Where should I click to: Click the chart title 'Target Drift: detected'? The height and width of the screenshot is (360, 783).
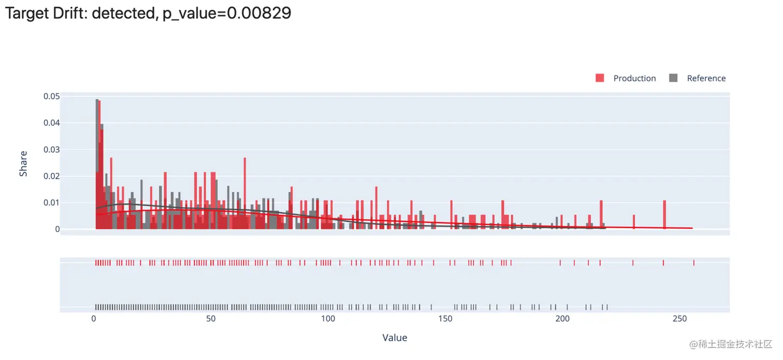(78, 13)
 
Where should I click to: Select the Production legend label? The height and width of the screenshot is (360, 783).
(634, 78)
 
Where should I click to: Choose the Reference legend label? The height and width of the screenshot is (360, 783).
(706, 78)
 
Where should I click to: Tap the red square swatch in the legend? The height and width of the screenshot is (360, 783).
(600, 78)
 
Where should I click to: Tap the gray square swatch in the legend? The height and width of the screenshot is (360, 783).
(673, 78)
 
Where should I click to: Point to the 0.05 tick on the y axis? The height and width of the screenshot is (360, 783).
(51, 96)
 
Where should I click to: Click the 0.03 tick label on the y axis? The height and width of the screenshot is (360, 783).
(51, 149)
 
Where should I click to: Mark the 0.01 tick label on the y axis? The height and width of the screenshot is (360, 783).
(51, 203)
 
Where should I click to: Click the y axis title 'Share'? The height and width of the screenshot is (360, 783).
(23, 164)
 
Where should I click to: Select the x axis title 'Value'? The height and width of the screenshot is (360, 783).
(395, 338)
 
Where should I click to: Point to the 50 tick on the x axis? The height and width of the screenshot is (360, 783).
(211, 319)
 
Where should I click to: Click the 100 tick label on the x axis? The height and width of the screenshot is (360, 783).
(328, 319)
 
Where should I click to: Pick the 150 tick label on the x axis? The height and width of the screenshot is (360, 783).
(445, 319)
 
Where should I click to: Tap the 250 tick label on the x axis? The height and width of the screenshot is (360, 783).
(679, 319)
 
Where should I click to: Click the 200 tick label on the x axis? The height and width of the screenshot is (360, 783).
(562, 319)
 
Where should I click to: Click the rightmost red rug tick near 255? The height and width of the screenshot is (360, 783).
(693, 263)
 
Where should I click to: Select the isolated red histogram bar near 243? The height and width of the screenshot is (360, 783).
(664, 214)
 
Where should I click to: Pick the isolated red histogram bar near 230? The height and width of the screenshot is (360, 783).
(633, 222)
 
